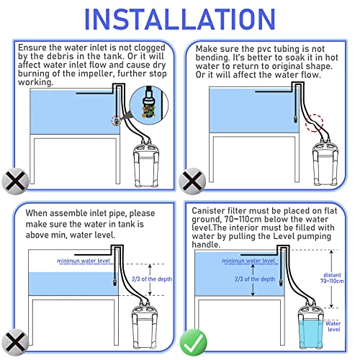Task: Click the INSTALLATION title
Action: click(x=180, y=19)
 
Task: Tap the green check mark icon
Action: click(x=193, y=342)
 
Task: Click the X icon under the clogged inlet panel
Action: click(x=15, y=181)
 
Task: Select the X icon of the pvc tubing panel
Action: click(x=192, y=181)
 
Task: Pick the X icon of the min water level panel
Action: click(x=15, y=342)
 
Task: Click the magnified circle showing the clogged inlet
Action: click(x=149, y=105)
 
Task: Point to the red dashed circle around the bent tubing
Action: click(x=314, y=123)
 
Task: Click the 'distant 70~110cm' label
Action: click(x=332, y=278)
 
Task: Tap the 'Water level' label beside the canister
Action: click(x=333, y=326)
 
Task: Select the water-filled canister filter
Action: click(x=311, y=328)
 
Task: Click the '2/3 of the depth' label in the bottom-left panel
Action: click(x=152, y=279)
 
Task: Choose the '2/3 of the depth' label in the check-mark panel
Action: click(x=255, y=279)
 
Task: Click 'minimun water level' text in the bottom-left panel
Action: click(x=84, y=261)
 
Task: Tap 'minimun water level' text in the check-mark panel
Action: click(x=248, y=261)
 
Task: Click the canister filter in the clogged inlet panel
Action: click(x=146, y=166)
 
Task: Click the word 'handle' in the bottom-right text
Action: click(x=205, y=245)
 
